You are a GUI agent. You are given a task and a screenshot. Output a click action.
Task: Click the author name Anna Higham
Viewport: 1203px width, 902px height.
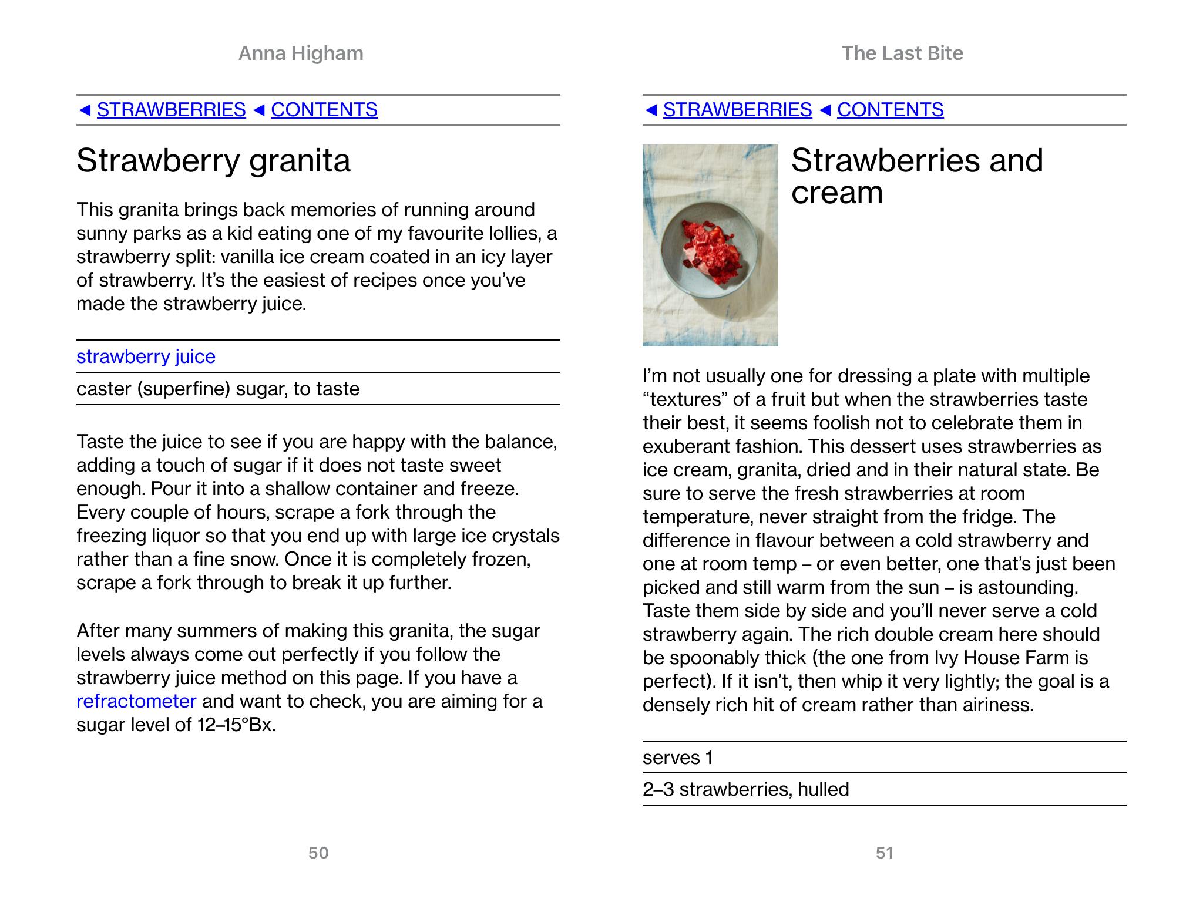[x=301, y=53]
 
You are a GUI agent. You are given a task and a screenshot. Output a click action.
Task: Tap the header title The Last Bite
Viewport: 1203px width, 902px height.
[x=902, y=53]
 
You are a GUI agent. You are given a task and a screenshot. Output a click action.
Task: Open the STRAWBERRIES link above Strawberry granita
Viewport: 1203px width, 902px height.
[x=171, y=110]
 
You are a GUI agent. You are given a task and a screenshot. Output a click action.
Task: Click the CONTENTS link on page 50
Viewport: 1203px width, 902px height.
[x=324, y=110]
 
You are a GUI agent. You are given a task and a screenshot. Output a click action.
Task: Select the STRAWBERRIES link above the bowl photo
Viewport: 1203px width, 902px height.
[x=737, y=110]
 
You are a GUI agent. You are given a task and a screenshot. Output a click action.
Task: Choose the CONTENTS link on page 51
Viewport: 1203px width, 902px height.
[x=890, y=110]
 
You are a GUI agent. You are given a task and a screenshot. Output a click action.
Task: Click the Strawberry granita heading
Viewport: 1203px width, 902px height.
[x=213, y=160]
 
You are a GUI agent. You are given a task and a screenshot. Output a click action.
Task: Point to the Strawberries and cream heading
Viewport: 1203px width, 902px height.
[x=916, y=176]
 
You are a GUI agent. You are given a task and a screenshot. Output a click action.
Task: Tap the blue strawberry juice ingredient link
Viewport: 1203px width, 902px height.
[x=146, y=356]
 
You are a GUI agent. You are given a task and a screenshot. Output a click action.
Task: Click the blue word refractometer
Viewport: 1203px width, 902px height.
[x=136, y=701]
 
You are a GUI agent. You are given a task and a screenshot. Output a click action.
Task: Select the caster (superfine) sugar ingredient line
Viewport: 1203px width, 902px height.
[x=218, y=389]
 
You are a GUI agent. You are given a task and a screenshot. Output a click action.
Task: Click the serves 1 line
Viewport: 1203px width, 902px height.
[x=678, y=758]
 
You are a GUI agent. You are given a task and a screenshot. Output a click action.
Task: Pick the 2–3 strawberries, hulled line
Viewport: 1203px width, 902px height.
[x=745, y=789]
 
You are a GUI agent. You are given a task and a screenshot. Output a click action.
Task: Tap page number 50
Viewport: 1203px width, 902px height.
[x=318, y=853]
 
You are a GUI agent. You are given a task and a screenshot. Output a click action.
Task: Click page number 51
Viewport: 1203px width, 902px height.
[x=885, y=853]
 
